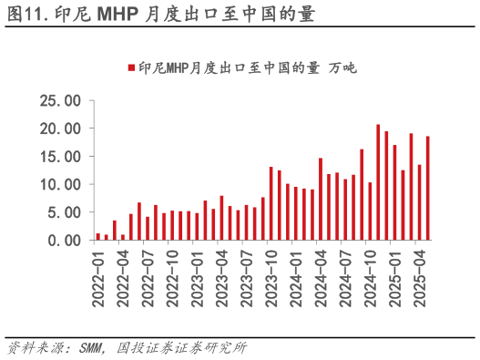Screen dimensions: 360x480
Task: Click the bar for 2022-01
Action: (98, 236)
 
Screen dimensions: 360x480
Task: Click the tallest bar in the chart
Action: (378, 182)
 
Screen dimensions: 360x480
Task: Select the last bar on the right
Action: (427, 188)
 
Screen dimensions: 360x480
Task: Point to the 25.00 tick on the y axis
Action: (61, 100)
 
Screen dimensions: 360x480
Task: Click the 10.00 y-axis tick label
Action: (61, 184)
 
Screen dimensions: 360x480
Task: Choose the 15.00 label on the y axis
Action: (61, 156)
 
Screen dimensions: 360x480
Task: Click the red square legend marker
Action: (131, 67)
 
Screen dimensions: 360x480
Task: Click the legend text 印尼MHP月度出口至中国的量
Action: (229, 67)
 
